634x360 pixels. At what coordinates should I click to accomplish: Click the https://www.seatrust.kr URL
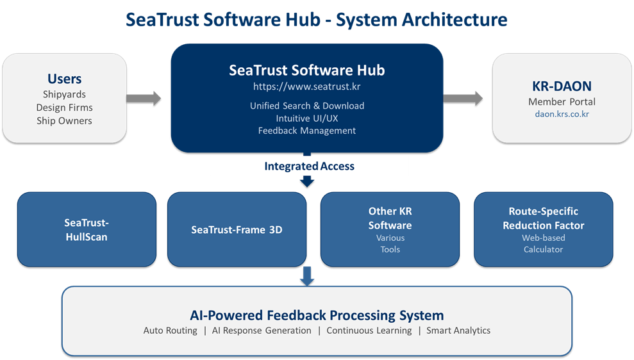click(307, 86)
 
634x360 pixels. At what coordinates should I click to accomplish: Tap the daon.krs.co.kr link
click(562, 114)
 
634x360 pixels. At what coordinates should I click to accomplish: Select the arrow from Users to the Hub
click(144, 98)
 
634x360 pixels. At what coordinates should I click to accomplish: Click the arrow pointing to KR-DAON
click(463, 98)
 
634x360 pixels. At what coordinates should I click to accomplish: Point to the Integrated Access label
click(309, 167)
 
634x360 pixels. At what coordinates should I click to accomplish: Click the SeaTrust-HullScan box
click(87, 229)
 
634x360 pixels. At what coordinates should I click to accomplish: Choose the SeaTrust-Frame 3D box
click(237, 229)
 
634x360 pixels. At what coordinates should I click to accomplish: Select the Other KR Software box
click(390, 229)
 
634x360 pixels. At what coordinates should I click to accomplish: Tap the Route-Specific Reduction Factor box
click(543, 229)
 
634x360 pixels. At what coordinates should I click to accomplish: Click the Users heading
click(64, 79)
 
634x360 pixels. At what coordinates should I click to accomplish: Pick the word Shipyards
click(64, 94)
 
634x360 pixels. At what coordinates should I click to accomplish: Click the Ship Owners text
click(64, 120)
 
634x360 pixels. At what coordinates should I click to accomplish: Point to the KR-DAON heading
click(562, 86)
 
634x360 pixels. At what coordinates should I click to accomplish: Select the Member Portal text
click(562, 101)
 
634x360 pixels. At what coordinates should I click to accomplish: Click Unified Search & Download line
click(307, 106)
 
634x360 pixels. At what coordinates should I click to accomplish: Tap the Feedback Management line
click(307, 131)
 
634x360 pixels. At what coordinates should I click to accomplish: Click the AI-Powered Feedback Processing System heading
click(317, 315)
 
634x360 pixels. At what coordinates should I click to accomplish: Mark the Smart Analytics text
click(458, 331)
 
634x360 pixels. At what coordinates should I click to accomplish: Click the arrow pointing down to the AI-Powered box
click(307, 275)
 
